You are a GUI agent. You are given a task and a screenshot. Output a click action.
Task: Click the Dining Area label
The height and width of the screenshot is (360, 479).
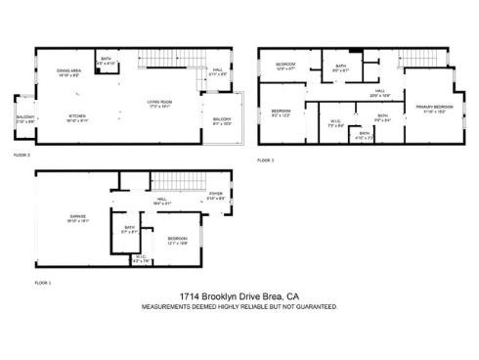[68, 70]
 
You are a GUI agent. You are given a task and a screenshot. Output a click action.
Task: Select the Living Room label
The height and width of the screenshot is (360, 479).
[160, 102]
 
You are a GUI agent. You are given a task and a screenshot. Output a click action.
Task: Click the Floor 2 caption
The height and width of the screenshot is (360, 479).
[22, 155]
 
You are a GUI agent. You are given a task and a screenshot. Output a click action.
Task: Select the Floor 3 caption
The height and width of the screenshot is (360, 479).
[266, 159]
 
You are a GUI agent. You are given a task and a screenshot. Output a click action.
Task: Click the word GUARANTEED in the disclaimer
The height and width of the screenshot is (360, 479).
[314, 306]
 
